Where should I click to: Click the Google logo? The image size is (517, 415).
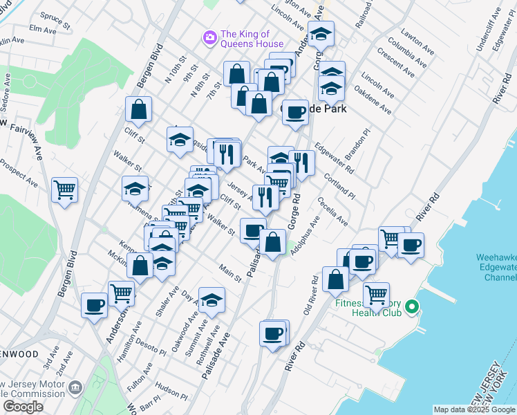[23, 407]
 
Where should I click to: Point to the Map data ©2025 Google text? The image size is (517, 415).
[474, 410]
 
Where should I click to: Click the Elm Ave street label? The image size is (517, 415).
[43, 30]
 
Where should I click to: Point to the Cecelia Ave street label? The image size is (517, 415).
[332, 211]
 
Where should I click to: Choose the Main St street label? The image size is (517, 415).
[230, 273]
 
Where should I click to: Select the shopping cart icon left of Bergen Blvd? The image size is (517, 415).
[64, 190]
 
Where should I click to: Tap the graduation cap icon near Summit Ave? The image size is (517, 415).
[211, 300]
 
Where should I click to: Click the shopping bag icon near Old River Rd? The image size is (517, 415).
[335, 279]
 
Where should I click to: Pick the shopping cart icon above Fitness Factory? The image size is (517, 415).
[376, 294]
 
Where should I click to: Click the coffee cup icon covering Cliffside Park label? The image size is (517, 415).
[295, 112]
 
